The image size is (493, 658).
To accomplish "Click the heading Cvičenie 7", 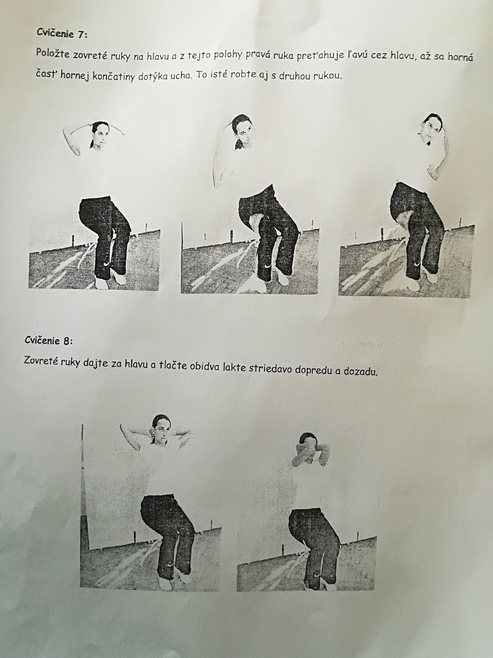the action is tap(62, 33).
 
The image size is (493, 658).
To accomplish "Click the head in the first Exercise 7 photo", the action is tap(100, 135).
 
